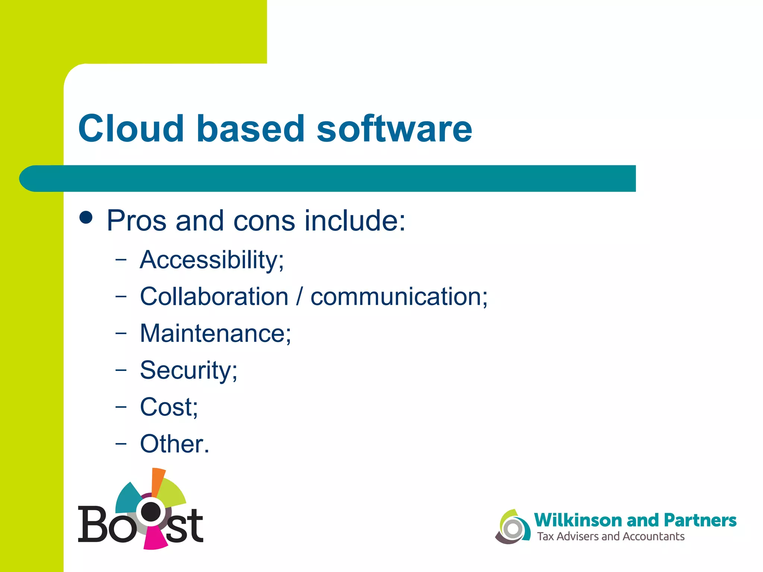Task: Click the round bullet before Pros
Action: tap(86, 217)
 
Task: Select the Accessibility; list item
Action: tap(212, 260)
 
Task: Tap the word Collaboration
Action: tap(214, 296)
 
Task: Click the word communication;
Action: tap(399, 296)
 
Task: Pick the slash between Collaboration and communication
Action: tap(299, 297)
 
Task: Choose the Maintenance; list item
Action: tap(215, 333)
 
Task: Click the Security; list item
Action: tap(189, 370)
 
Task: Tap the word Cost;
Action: tap(169, 407)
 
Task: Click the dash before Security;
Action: tap(121, 370)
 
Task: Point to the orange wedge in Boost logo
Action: tap(158, 481)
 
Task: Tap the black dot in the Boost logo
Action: tap(151, 511)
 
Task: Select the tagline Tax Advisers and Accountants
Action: tap(611, 537)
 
